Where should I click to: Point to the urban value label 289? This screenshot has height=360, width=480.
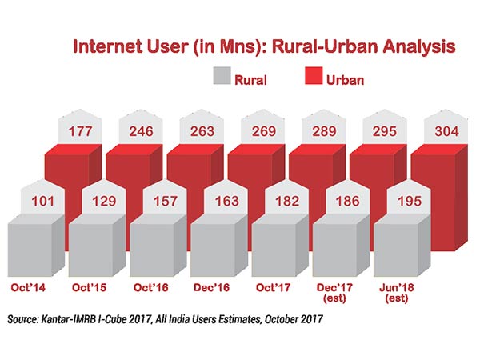coord(319,130)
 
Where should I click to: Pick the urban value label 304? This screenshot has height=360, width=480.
coord(441,130)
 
